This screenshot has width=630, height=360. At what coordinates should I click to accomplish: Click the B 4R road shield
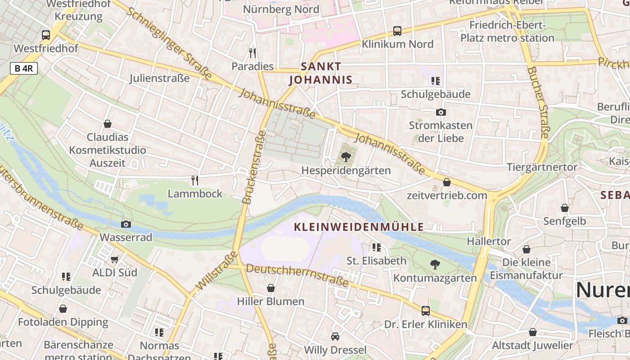coord(23,68)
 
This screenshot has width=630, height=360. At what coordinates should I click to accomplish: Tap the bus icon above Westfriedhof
coord(46,35)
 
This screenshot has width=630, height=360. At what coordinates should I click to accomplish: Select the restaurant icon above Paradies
coord(252,53)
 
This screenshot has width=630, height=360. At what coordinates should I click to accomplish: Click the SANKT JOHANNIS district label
coord(320,73)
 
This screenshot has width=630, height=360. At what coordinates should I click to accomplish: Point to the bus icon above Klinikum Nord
coord(397,31)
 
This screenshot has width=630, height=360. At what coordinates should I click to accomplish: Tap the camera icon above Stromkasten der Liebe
coord(441,112)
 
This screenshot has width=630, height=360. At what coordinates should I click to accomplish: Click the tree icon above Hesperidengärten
coord(346,157)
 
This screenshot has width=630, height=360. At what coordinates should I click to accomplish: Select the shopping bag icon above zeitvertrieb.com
coord(447,182)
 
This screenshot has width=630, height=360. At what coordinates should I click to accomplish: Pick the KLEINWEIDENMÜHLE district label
coord(359,227)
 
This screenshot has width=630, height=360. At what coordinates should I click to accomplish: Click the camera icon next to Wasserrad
coord(126,224)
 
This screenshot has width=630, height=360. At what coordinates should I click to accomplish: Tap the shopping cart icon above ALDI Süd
coord(115,259)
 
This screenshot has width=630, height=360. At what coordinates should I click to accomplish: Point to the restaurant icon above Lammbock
coord(195,180)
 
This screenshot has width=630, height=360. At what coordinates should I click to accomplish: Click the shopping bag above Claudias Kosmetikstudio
coord(108,123)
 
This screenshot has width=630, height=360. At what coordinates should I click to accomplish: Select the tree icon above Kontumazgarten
coord(435,264)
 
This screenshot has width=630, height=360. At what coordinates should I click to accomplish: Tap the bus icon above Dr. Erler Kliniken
coord(425,310)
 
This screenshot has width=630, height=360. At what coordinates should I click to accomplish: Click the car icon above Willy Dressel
coord(335,336)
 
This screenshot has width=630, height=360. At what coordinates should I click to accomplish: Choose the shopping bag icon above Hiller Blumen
coord(271,288)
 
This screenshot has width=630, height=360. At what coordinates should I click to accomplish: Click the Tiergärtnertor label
coord(542,167)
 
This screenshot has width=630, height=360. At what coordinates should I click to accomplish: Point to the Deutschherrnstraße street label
coord(297,275)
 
